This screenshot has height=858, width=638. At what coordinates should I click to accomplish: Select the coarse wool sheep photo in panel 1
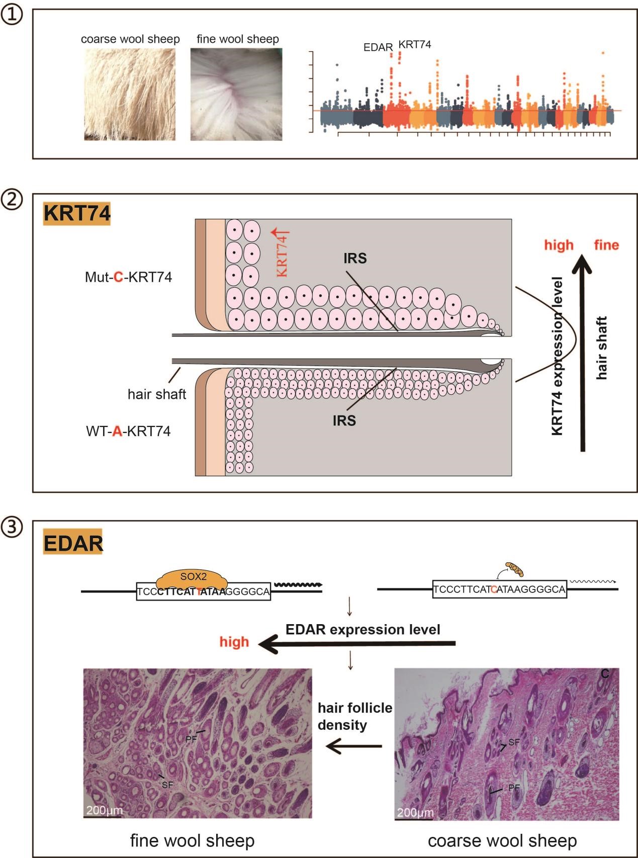130,94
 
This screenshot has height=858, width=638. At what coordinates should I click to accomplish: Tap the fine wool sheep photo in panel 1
236,94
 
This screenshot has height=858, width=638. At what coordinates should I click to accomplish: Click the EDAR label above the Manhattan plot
378,47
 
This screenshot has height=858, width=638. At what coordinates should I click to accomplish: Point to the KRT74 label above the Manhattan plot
415,44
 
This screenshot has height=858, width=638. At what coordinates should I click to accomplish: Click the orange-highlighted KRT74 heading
76,213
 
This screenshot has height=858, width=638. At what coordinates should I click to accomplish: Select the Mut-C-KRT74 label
128,277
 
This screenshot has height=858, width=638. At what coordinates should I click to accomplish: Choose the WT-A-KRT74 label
128,431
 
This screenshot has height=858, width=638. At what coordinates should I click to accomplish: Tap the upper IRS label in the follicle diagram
355,259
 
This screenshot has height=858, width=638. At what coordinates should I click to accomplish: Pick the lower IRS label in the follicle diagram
344,420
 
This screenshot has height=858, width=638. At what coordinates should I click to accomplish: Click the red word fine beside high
606,245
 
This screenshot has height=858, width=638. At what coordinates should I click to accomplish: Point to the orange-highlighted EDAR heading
73,543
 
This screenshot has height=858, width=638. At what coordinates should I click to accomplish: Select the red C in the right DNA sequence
494,589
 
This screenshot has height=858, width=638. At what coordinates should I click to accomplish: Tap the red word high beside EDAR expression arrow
234,642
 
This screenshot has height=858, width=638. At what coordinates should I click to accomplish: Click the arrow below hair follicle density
353,746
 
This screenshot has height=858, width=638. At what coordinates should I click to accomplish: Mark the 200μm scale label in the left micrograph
104,810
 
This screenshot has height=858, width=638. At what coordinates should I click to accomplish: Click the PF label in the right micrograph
514,787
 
